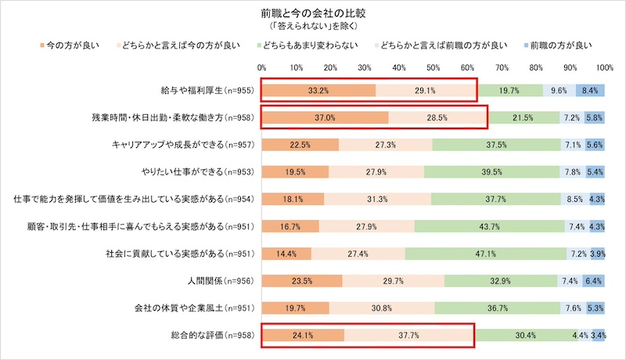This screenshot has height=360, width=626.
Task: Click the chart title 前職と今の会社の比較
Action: [312, 13]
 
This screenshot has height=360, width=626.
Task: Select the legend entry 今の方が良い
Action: [71, 45]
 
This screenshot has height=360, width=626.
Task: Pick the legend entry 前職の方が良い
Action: [560, 45]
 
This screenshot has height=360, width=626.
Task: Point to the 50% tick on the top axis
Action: [433, 68]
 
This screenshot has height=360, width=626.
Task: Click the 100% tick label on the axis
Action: [604, 68]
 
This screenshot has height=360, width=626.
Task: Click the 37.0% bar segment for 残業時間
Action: [325, 117]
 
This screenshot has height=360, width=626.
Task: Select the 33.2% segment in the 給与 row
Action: [318, 91]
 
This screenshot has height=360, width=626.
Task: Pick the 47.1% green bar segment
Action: [486, 254]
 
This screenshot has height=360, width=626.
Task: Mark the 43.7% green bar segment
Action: [489, 227]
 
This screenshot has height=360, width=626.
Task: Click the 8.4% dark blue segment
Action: [590, 91]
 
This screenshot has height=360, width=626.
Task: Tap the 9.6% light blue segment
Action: [559, 91]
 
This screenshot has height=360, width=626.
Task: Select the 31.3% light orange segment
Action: [377, 200]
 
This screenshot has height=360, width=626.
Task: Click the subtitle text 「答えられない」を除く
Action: [312, 26]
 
